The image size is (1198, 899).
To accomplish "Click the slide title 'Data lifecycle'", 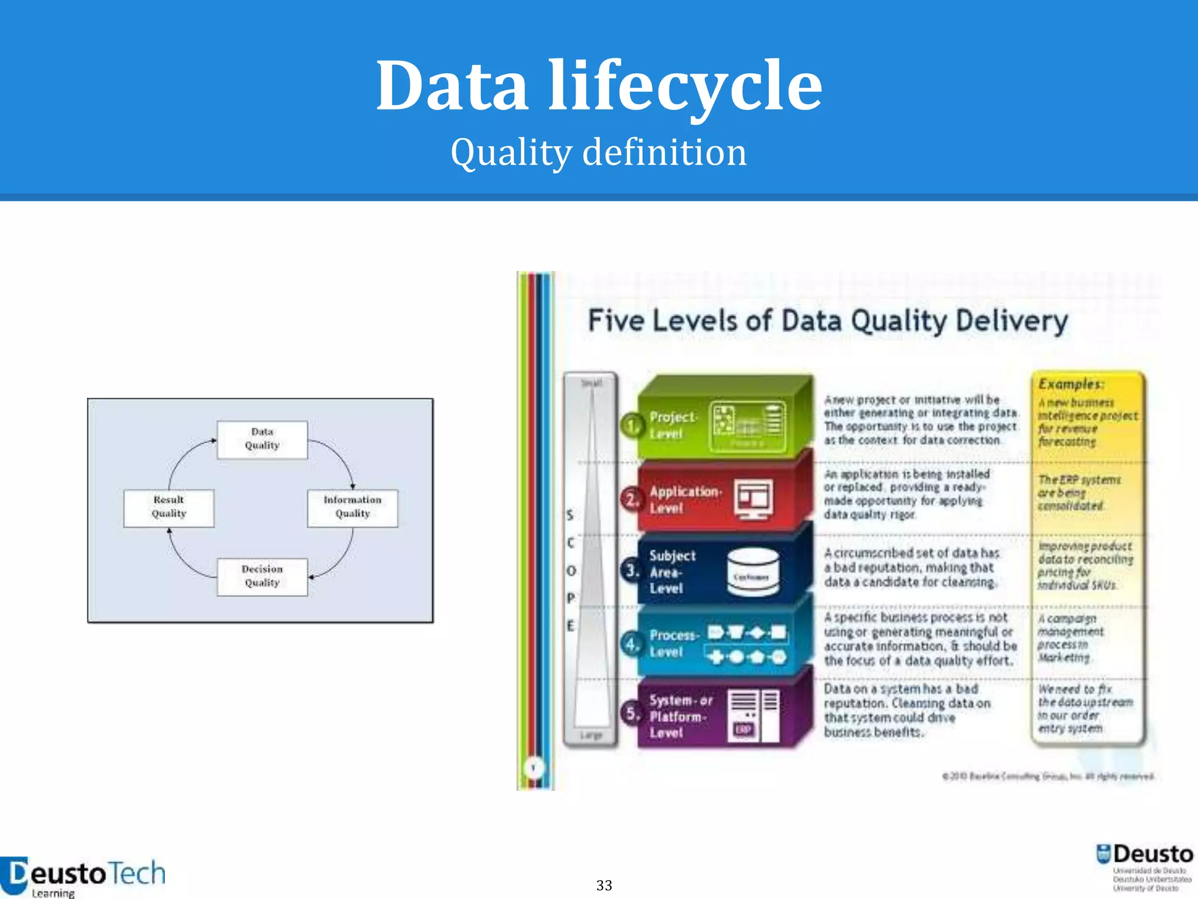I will tap(599, 87).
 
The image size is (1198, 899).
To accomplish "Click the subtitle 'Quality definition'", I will tap(599, 152).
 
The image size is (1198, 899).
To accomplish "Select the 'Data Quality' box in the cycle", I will tap(262, 439).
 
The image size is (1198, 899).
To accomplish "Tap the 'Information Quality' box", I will tap(352, 507).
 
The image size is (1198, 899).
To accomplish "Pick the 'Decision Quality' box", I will tap(262, 577).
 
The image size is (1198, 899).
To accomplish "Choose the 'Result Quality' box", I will tap(169, 507).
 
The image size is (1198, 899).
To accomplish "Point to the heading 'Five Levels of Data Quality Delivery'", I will tap(827, 321).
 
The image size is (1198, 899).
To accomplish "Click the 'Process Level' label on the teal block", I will tap(673, 643).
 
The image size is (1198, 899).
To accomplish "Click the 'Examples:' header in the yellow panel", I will tap(1070, 384).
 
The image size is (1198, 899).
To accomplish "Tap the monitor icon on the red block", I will tap(754, 499).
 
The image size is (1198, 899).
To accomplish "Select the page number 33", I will tap(604, 885).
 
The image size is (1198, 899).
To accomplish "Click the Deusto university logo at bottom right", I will tap(1145, 866).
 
